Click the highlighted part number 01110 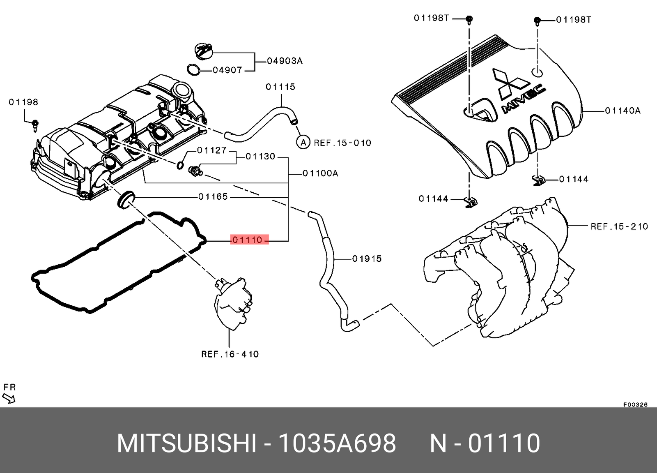(248, 240)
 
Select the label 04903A (285, 61)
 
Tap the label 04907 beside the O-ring (227, 70)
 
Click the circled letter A (303, 143)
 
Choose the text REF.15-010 (342, 143)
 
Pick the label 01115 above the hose (280, 87)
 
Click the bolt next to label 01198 (35, 125)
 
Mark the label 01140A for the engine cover (623, 111)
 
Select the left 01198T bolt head (469, 19)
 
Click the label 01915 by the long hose (367, 259)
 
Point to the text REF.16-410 (230, 354)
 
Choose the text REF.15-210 (619, 226)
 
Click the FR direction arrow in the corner (9, 398)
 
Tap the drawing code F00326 (635, 404)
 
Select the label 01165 (213, 197)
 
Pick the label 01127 (211, 150)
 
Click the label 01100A (320, 173)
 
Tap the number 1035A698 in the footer (337, 443)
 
